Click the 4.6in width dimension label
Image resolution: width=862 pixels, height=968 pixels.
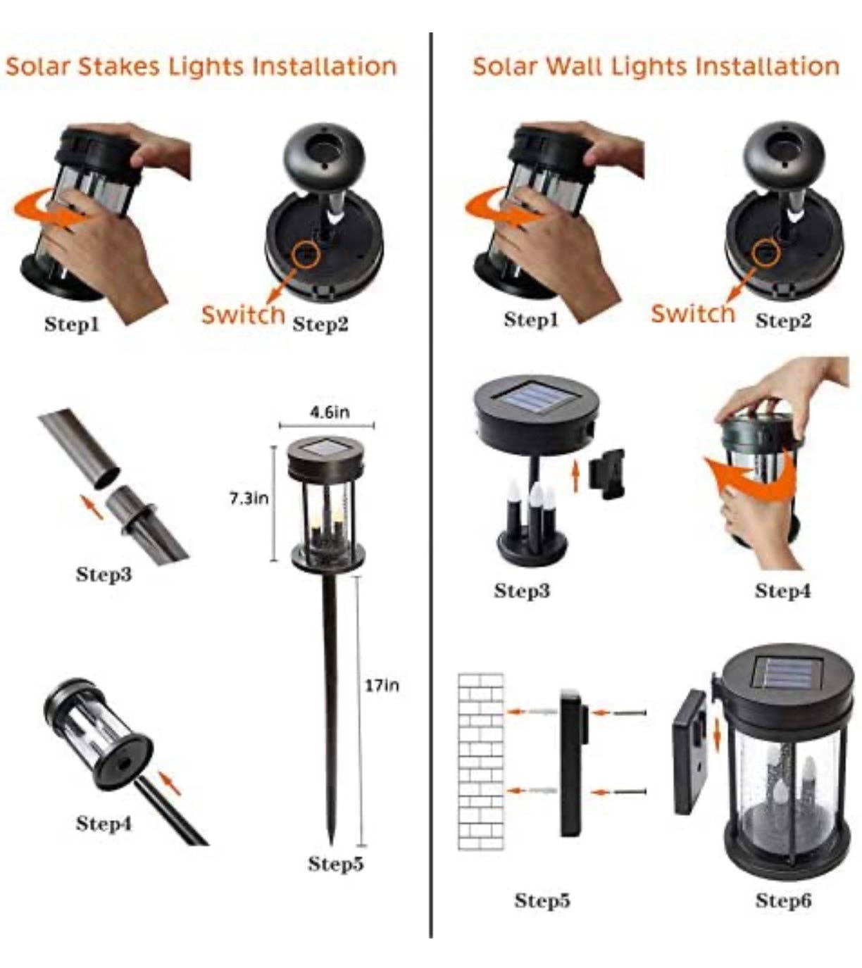[x=330, y=412]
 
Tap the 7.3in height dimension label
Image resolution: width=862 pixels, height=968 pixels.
[x=249, y=498]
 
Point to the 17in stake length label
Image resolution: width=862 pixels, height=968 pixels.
[x=382, y=686]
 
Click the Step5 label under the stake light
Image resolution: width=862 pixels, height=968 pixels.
[x=336, y=863]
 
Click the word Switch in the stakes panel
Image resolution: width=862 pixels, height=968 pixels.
[x=243, y=315]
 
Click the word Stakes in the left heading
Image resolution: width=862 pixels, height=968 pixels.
[x=118, y=66]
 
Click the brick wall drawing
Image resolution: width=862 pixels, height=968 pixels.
[x=480, y=762]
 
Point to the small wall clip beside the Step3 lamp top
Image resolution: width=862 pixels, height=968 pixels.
[x=606, y=474]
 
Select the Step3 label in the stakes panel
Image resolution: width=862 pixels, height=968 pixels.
[x=104, y=574]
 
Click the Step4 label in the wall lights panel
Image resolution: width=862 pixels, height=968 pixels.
[x=782, y=591]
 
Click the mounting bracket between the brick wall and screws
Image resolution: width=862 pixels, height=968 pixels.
[x=573, y=762]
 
